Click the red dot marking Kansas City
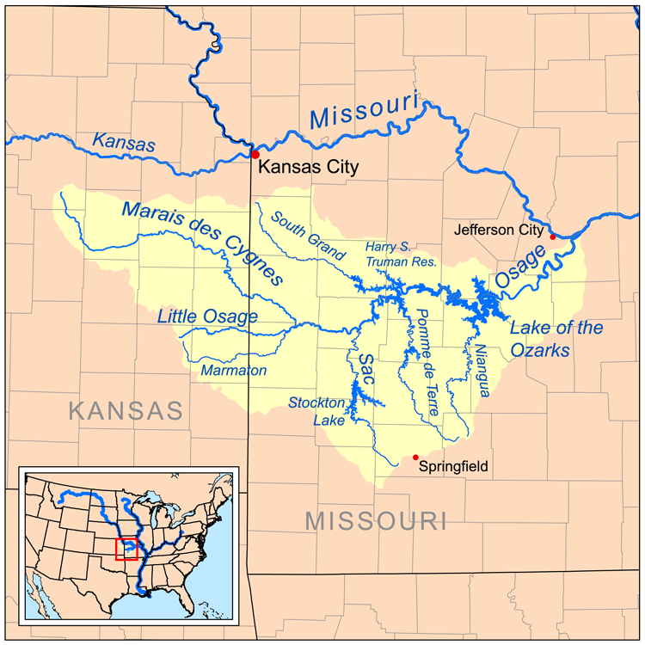(x=255, y=154)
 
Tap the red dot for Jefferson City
(x=552, y=236)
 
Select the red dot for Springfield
(x=416, y=458)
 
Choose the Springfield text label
(x=454, y=466)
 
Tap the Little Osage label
(x=207, y=316)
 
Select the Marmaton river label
(x=234, y=371)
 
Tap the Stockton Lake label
(x=316, y=411)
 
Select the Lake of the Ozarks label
(x=556, y=339)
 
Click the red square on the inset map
(x=126, y=549)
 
